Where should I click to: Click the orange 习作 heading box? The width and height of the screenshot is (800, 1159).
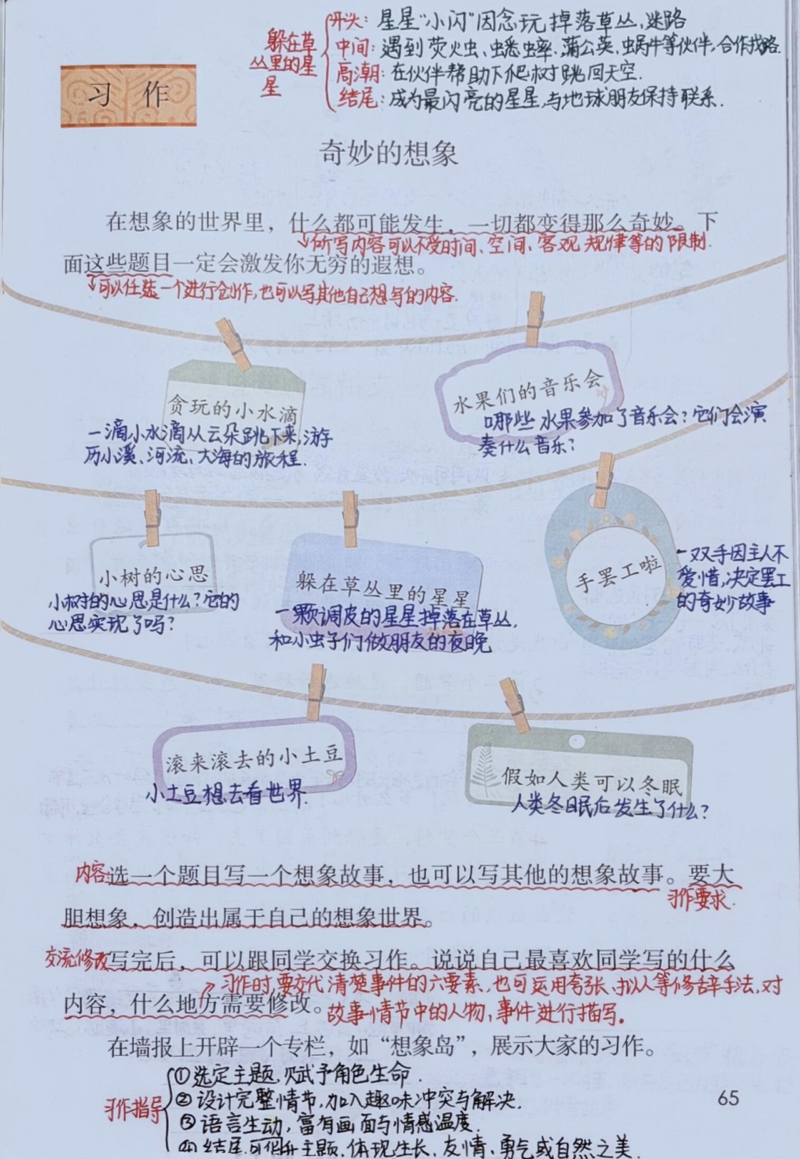(x=128, y=96)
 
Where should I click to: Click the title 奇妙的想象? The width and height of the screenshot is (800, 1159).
(x=389, y=153)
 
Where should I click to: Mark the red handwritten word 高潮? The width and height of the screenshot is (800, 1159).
(x=358, y=74)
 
